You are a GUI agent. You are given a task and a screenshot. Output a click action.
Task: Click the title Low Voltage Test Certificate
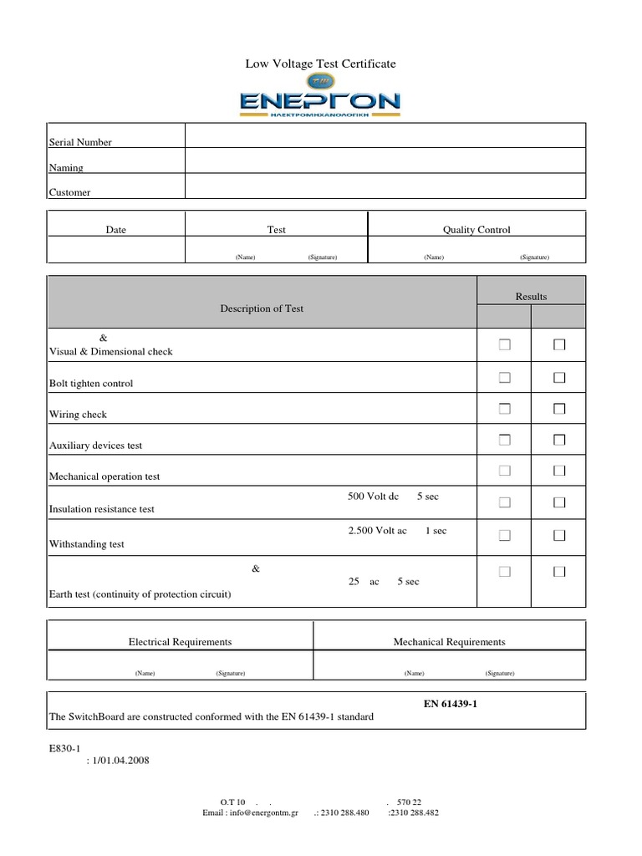[x=320, y=64]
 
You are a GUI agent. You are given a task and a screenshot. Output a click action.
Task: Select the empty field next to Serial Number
[x=385, y=136]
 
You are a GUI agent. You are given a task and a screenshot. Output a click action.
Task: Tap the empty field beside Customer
[x=385, y=186]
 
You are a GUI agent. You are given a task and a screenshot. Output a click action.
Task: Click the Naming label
[x=66, y=167]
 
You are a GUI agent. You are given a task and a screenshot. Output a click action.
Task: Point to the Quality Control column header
[x=476, y=230]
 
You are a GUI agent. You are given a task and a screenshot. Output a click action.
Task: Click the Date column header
[x=116, y=230]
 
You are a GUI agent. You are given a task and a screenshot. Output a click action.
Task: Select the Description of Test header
[x=262, y=308]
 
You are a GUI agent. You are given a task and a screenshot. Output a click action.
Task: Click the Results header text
[x=531, y=297]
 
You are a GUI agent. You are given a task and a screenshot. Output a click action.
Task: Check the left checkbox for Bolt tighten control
[x=505, y=378]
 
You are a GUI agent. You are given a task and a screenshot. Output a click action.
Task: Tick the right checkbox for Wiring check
[x=559, y=409]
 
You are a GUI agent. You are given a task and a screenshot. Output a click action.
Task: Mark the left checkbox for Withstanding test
[x=505, y=534]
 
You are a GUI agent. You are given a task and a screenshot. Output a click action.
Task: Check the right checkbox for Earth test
[x=559, y=572]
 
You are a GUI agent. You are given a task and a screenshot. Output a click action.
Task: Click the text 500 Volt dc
[x=374, y=497]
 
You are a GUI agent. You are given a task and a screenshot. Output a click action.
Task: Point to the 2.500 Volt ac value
[x=377, y=531]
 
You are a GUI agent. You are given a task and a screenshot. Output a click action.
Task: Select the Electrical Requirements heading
[x=180, y=641]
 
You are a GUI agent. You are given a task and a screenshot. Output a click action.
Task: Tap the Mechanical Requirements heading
[x=450, y=641]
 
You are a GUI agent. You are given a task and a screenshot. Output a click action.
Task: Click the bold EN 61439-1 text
[x=451, y=705]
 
